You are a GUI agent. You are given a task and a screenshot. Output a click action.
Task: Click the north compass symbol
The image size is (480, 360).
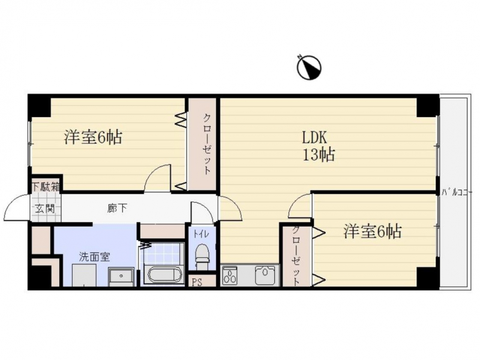(x=309, y=67)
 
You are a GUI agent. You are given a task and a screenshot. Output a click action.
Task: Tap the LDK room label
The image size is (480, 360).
(x=314, y=137)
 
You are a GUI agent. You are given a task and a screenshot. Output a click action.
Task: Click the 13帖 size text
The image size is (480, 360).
(x=319, y=155)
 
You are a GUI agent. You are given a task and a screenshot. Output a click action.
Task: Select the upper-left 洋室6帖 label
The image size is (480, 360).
(x=94, y=137)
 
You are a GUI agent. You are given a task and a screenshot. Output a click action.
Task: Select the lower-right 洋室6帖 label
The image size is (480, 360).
(x=372, y=231)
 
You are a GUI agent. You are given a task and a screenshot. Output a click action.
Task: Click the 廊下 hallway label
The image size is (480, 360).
(x=117, y=208)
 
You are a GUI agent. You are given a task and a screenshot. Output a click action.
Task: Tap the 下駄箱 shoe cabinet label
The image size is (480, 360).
(x=46, y=187)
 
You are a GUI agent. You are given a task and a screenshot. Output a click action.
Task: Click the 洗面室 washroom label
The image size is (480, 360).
(x=94, y=257)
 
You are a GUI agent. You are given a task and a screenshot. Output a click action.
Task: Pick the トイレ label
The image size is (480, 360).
(x=201, y=234)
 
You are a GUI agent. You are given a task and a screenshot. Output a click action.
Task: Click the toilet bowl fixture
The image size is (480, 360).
(x=202, y=257)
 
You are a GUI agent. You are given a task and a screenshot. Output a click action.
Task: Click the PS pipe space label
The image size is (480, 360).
(x=197, y=282)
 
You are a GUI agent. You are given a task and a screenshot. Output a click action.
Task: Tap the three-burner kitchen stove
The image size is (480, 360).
(x=230, y=276)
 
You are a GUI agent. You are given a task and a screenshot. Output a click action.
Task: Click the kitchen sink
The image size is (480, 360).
(x=265, y=275)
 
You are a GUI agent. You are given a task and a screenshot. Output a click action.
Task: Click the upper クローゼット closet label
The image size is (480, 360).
(x=207, y=144)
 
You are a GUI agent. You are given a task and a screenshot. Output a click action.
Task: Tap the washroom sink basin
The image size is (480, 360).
(x=121, y=277)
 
